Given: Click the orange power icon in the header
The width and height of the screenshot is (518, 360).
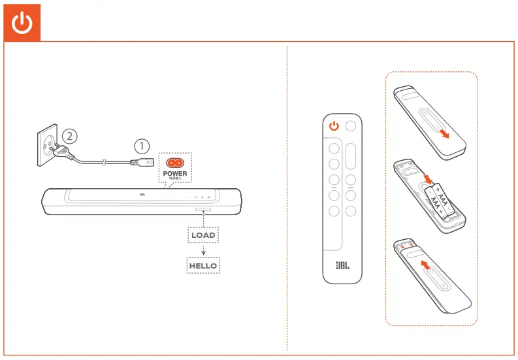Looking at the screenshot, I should pyautogui.click(x=23, y=24).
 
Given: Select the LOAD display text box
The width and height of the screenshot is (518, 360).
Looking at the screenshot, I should pyautogui.click(x=203, y=235).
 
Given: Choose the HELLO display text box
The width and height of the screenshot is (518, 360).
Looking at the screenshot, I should pyautogui.click(x=203, y=266).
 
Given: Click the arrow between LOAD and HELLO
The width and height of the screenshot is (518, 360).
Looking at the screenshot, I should pyautogui.click(x=203, y=251).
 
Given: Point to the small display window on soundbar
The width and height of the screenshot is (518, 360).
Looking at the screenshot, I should pyautogui.click(x=202, y=210).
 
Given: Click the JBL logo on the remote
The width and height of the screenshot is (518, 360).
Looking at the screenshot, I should pyautogui.click(x=343, y=266).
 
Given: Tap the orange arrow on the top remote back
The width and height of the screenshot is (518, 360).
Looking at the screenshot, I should pyautogui.click(x=444, y=133).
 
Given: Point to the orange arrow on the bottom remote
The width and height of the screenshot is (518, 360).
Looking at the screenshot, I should pyautogui.click(x=426, y=265).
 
